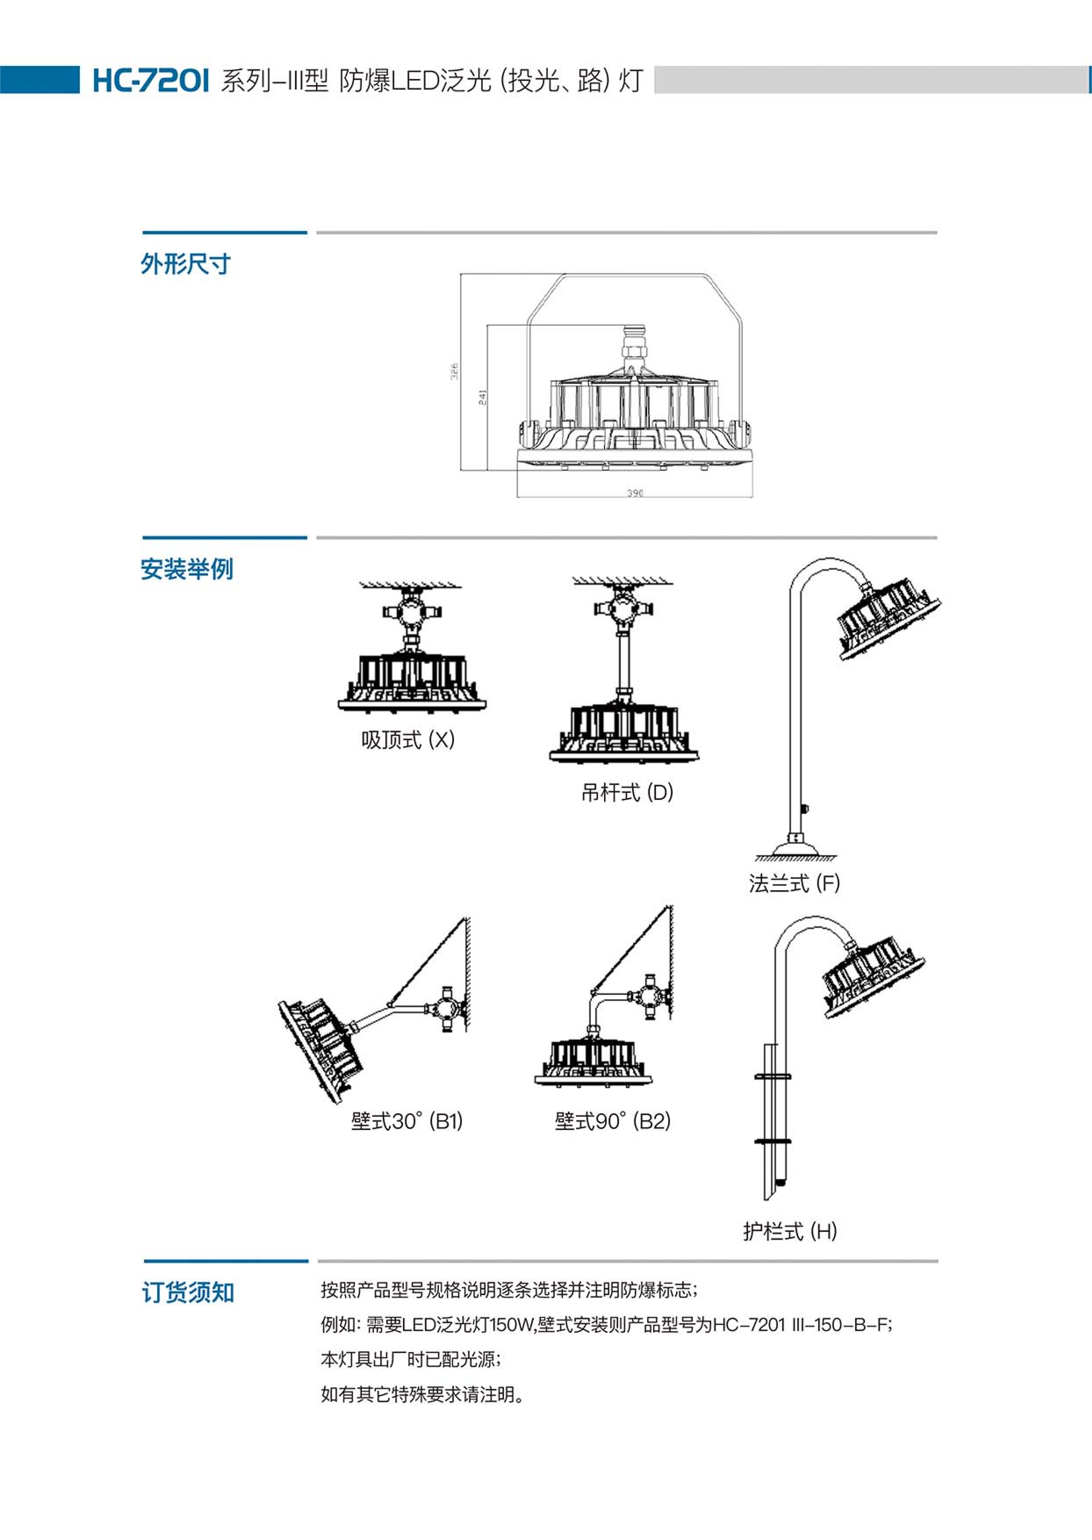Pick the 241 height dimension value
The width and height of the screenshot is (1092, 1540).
pyautogui.click(x=482, y=398)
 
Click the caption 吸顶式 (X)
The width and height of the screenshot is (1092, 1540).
pyautogui.click(x=407, y=740)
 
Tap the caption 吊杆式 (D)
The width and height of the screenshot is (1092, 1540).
pyautogui.click(x=627, y=792)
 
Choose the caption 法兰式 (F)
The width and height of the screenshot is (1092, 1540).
pyautogui.click(x=794, y=883)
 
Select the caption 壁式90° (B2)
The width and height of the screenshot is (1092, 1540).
pyautogui.click(x=612, y=1121)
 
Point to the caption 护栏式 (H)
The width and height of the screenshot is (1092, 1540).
pyautogui.click(x=789, y=1231)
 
